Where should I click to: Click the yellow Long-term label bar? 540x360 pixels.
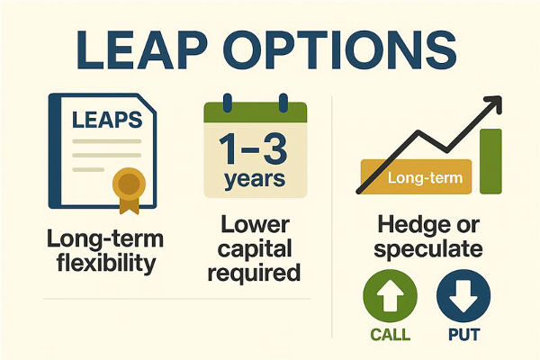[415, 178]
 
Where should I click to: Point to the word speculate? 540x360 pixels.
[426, 249]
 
